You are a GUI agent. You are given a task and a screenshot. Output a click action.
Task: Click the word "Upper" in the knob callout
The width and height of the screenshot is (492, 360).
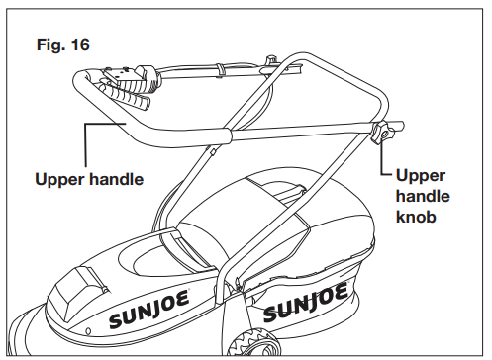point(420,175)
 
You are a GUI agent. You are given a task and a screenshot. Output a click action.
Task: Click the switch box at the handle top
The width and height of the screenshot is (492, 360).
point(124,72)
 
